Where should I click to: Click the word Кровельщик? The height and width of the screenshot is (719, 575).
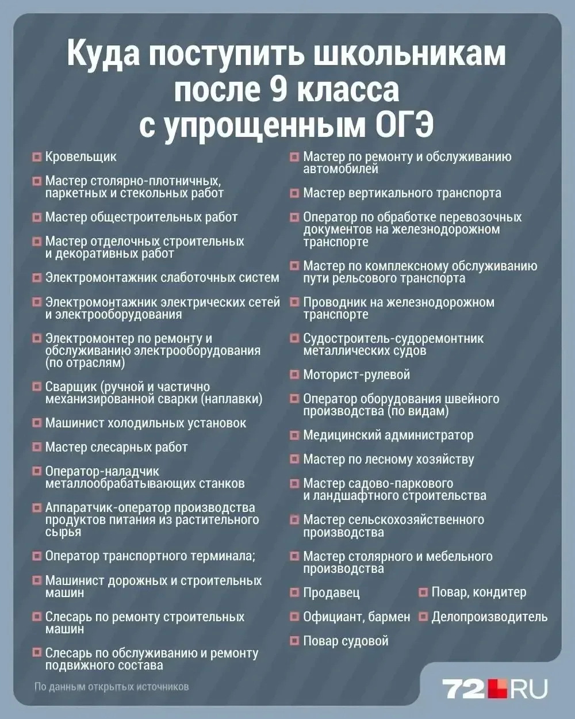pyautogui.click(x=80, y=157)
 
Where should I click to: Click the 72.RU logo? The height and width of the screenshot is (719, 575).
pyautogui.click(x=494, y=688)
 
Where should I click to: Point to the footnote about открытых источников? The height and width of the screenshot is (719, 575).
pyautogui.click(x=111, y=687)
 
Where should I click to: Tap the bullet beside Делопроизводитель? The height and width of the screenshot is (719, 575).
pyautogui.click(x=423, y=617)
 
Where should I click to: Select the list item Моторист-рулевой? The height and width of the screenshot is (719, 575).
pyautogui.click(x=356, y=375)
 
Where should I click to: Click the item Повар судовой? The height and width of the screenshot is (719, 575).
pyautogui.click(x=346, y=641)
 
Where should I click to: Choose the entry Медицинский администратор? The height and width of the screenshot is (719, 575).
pyautogui.click(x=388, y=435)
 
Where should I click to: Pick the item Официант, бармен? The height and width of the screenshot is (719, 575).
pyautogui.click(x=356, y=617)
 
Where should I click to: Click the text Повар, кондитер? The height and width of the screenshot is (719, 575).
pyautogui.click(x=478, y=592)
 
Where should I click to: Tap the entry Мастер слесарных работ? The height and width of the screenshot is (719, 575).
pyautogui.click(x=116, y=448)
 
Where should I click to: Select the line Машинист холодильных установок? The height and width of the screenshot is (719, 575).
pyautogui.click(x=145, y=423)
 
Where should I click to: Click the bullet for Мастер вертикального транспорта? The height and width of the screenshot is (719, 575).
pyautogui.click(x=294, y=193)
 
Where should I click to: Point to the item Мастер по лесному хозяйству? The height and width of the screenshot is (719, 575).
pyautogui.click(x=388, y=460)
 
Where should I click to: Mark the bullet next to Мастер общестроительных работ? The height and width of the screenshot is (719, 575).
pyautogui.click(x=36, y=217)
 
